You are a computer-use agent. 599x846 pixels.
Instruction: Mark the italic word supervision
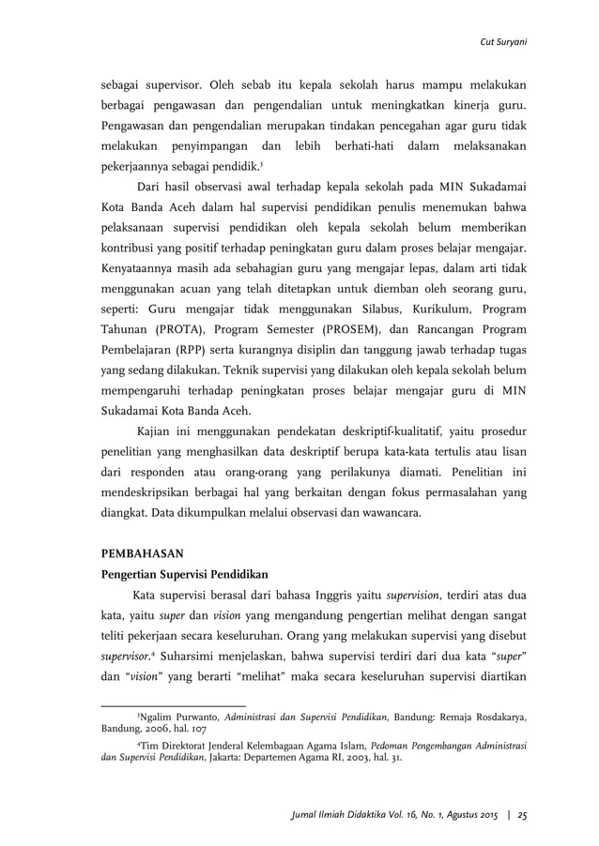[x=424, y=595]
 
